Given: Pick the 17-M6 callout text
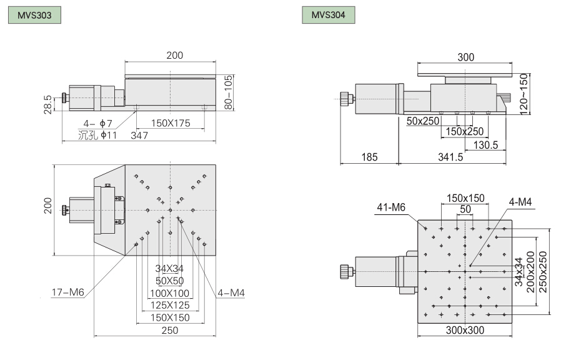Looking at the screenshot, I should click(68, 291).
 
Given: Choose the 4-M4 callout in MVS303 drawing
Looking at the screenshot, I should click(231, 291).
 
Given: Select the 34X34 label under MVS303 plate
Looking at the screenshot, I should click(169, 269).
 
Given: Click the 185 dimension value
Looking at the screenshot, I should click(369, 157).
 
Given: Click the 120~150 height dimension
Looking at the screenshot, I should click(524, 92).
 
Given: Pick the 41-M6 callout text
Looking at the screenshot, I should click(391, 207).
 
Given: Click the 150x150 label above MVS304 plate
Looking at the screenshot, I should click(465, 197).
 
